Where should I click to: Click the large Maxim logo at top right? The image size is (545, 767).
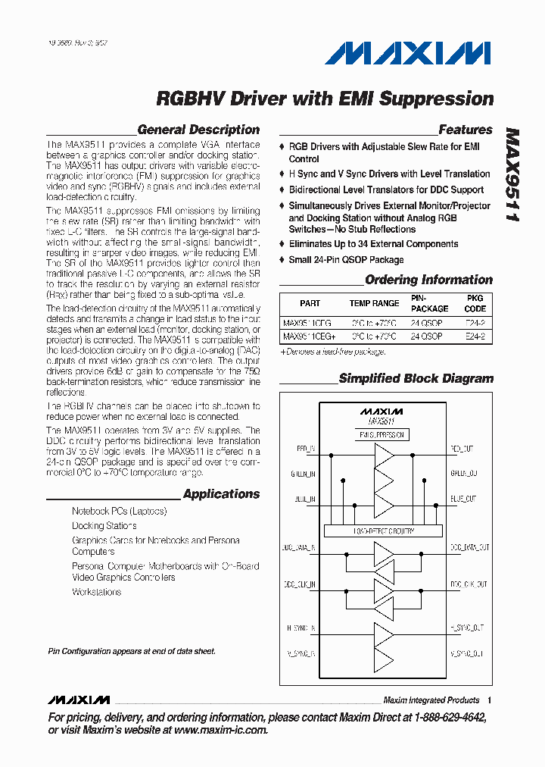click(x=408, y=53)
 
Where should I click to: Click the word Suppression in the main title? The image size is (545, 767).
click(x=435, y=99)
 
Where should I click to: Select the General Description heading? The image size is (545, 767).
click(x=198, y=130)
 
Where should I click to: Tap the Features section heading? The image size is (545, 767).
click(x=466, y=130)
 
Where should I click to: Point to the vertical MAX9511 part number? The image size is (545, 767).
click(x=512, y=174)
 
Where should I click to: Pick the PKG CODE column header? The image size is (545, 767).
click(x=475, y=303)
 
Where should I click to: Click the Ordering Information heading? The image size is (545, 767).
click(x=428, y=280)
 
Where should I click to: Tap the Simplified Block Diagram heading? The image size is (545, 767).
click(x=416, y=378)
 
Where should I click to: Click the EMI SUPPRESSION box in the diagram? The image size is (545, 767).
click(x=383, y=435)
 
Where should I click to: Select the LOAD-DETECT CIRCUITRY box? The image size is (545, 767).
click(x=384, y=531)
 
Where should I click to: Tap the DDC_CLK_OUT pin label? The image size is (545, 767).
click(x=469, y=584)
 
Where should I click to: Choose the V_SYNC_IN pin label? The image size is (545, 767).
click(x=301, y=653)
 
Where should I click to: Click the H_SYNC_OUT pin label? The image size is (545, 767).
click(x=467, y=628)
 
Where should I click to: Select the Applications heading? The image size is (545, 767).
click(x=221, y=494)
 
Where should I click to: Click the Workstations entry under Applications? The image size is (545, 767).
click(x=96, y=592)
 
